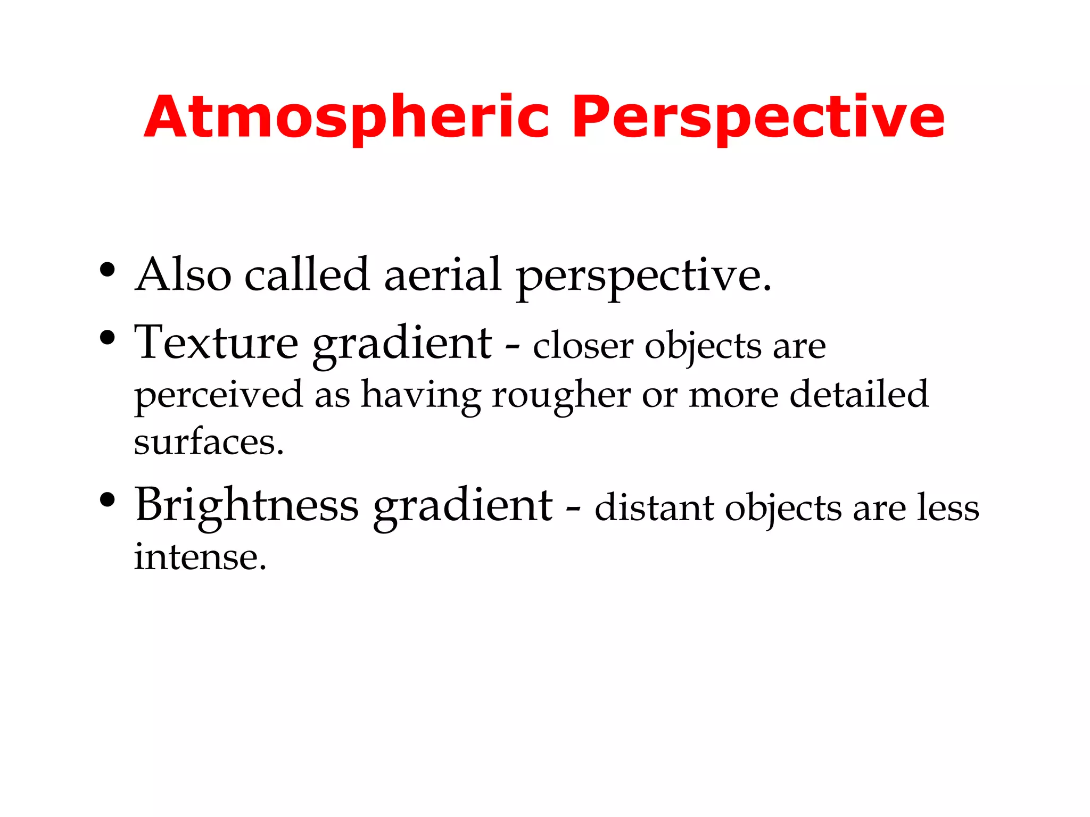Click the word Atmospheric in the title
[x=346, y=118]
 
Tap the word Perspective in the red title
[x=758, y=118]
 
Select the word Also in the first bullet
[x=183, y=275]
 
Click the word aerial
[x=443, y=275]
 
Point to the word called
[x=307, y=275]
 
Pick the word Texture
[x=216, y=343]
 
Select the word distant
[x=654, y=508]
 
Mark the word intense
[x=200, y=557]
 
